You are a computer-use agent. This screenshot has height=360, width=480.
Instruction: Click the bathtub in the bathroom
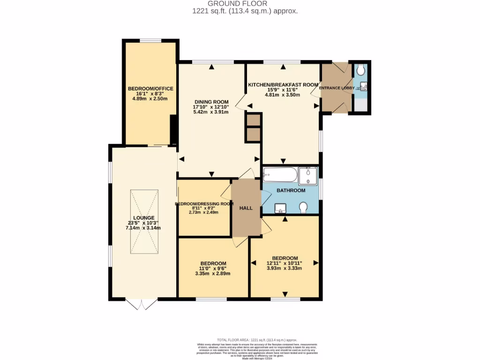(280, 176)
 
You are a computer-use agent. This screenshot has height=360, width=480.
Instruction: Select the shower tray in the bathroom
(308, 176)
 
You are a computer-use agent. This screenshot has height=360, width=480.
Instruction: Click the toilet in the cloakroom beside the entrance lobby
(360, 70)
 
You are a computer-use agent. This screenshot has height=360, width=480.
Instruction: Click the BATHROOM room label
(291, 190)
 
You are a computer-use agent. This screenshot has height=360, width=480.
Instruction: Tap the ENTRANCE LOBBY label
(336, 88)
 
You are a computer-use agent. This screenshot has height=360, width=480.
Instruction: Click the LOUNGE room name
(143, 217)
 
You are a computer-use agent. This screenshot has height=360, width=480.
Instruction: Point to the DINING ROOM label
(211, 102)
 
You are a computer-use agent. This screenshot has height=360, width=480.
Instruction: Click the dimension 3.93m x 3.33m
(284, 268)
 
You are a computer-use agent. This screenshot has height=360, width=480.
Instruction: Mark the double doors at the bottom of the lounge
(142, 304)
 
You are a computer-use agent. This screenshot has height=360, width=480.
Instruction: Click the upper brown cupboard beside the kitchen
(253, 120)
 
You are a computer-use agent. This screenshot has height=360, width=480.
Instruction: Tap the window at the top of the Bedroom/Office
(150, 40)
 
